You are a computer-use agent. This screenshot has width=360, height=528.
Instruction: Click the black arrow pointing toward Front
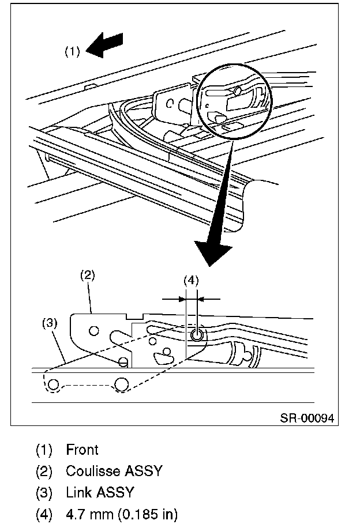pyautogui.click(x=104, y=46)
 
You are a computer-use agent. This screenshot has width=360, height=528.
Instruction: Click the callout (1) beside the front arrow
pyautogui.click(x=72, y=51)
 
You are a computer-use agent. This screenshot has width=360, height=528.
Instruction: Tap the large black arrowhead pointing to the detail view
pyautogui.click(x=213, y=253)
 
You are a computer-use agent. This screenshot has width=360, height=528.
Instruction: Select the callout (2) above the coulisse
pyautogui.click(x=87, y=276)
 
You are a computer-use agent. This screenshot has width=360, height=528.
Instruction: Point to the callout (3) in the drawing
pyautogui.click(x=50, y=323)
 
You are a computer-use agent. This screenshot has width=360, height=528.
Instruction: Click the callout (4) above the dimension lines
pyautogui.click(x=191, y=280)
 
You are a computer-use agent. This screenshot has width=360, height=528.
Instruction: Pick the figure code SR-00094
pyautogui.click(x=307, y=418)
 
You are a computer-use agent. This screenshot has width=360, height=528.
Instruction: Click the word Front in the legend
pyautogui.click(x=82, y=450)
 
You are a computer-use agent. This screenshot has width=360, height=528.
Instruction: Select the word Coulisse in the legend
pyautogui.click(x=93, y=471)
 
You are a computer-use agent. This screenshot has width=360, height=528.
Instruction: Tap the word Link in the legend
pyautogui.click(x=79, y=492)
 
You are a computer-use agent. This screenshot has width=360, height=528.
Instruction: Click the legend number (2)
pyautogui.click(x=44, y=471)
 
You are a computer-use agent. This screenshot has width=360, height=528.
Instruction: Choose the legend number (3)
pyautogui.click(x=44, y=493)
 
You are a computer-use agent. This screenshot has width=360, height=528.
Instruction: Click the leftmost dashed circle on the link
pyautogui.click(x=53, y=384)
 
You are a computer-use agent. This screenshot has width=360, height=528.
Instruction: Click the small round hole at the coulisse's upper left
pyautogui.click(x=94, y=331)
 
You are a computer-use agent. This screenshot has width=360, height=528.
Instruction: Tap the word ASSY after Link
pyautogui.click(x=115, y=492)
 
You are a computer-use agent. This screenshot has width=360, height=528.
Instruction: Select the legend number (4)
pyautogui.click(x=44, y=514)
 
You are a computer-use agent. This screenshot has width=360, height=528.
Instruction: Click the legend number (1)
pyautogui.click(x=44, y=450)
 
